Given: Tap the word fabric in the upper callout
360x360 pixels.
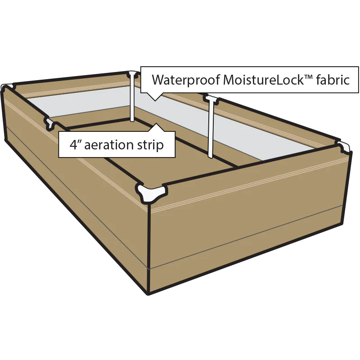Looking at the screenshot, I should (332, 80).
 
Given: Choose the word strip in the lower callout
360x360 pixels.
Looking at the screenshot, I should (150, 145).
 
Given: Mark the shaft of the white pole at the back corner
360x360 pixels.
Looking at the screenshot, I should (132, 101).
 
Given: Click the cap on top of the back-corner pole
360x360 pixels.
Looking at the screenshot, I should (132, 73).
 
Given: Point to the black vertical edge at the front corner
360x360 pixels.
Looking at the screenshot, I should (149, 252).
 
